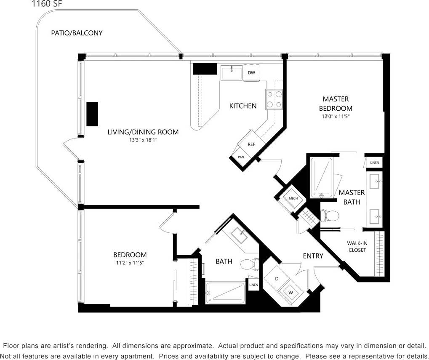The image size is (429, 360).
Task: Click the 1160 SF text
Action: coord(47,4)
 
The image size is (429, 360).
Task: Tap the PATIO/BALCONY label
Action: coord(77,33)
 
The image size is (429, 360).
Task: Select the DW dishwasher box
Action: coord(251,73)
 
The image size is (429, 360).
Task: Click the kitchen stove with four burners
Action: coord(274,100)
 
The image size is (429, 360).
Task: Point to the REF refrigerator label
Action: coord(251,144)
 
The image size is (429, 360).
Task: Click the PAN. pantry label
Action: coord(241,157)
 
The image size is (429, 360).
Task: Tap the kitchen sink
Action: coord(232,72)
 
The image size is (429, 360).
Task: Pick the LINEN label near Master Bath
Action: coord(374,163)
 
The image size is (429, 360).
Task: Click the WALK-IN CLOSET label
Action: coord(357,246)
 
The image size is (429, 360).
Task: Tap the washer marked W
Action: coord(290,291)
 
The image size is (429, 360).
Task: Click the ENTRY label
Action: coord(313,256)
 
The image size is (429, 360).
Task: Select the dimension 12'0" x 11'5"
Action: coord(336,116)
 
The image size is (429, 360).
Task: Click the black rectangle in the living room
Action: coord(92,114)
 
